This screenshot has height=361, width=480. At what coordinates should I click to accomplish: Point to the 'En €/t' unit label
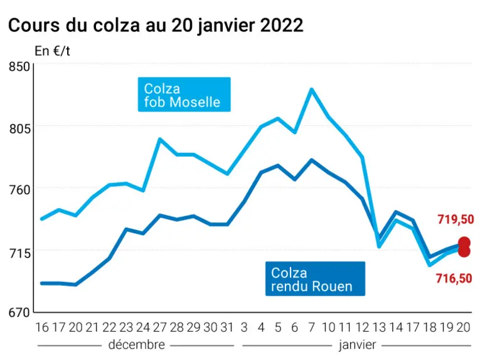pyautogui.click(x=52, y=51)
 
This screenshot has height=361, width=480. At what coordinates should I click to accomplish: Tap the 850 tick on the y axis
pyautogui.click(x=19, y=66)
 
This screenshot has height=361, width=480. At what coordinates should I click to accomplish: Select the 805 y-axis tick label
pyautogui.click(x=19, y=128)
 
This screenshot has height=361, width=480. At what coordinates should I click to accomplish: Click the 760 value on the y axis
pyautogui.click(x=19, y=190)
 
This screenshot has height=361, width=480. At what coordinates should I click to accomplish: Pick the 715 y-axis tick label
pyautogui.click(x=19, y=253)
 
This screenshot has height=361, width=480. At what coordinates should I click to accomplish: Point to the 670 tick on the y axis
pyautogui.click(x=19, y=313)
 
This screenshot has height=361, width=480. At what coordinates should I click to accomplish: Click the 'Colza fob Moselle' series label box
pyautogui.click(x=184, y=95)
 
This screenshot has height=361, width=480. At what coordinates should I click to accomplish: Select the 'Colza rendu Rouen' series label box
pyautogui.click(x=315, y=278)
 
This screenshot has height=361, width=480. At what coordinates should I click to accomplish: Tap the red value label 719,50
pyautogui.click(x=456, y=219)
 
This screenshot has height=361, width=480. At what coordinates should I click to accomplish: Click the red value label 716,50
pyautogui.click(x=454, y=278)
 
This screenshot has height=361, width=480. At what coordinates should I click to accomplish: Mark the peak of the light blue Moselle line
pyautogui.click(x=312, y=90)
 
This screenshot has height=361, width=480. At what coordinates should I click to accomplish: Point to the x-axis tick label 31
pyautogui.click(x=227, y=327)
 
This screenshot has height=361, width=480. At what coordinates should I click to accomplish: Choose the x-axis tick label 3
pyautogui.click(x=244, y=327)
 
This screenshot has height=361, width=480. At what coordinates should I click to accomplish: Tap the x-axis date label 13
pyautogui.click(x=379, y=327)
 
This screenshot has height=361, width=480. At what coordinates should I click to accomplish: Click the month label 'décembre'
pyautogui.click(x=137, y=345)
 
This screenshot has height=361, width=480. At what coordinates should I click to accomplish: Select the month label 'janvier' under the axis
pyautogui.click(x=357, y=345)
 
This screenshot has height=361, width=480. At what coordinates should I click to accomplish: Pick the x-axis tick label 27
pyautogui.click(x=160, y=327)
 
